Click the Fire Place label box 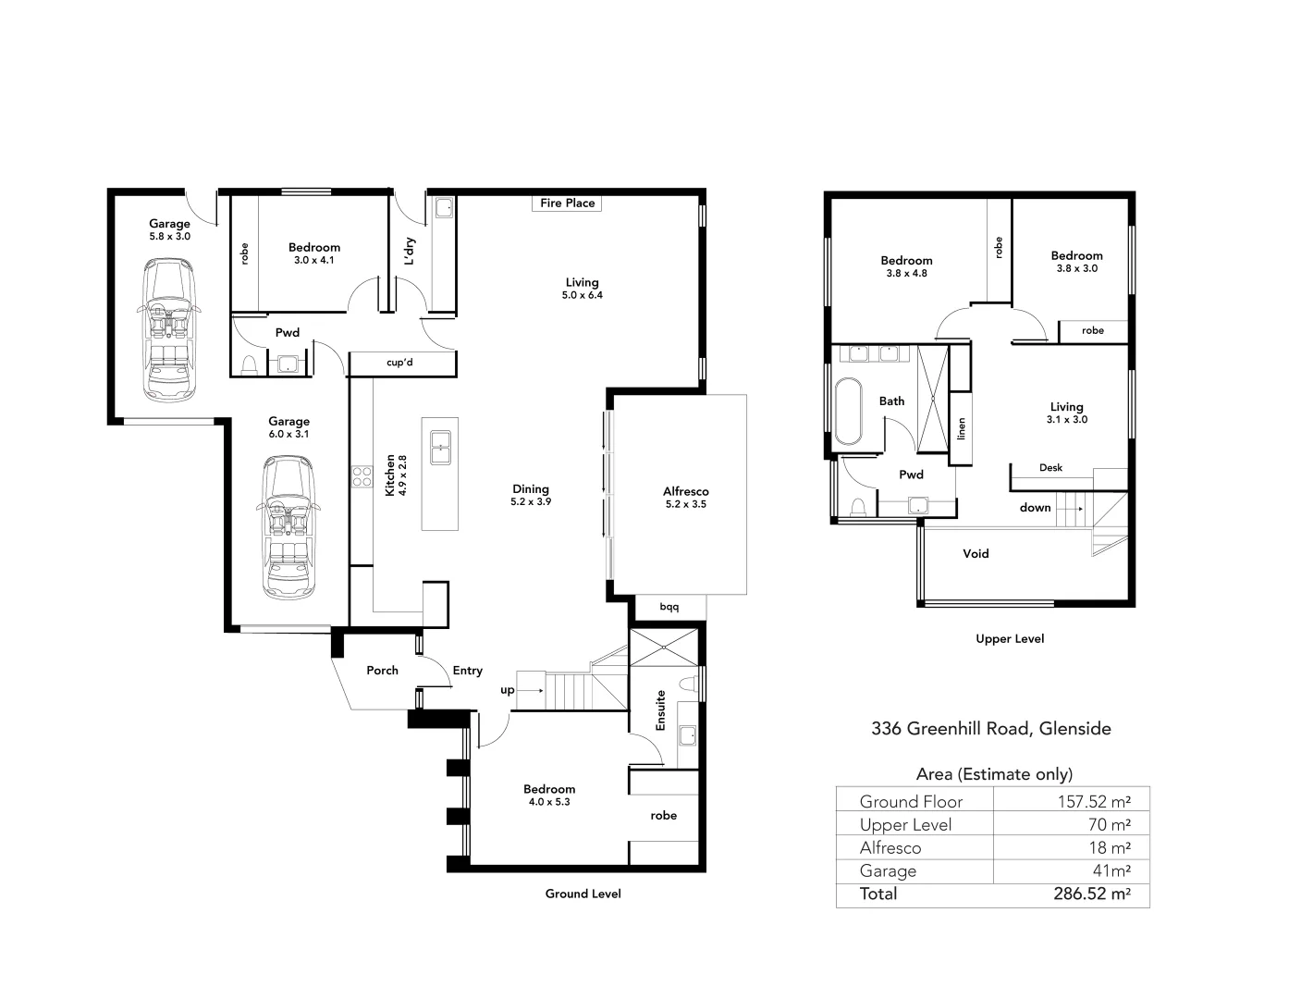point(567,203)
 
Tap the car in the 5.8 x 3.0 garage point(169,329)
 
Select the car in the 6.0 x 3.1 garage point(288,527)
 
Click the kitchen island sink point(439,445)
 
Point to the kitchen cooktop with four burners point(361,475)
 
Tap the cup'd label point(399,363)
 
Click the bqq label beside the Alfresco point(669,608)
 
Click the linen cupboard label point(961,429)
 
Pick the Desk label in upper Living point(1050,468)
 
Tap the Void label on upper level point(976,554)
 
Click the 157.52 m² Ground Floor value point(1094,802)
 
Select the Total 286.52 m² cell point(1092,894)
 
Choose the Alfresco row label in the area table point(890,848)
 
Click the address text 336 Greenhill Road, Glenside point(991,729)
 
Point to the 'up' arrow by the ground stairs point(529,690)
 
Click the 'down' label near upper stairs point(1035,508)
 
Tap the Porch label point(382,671)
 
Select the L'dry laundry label point(410,251)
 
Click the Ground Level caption point(583,894)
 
